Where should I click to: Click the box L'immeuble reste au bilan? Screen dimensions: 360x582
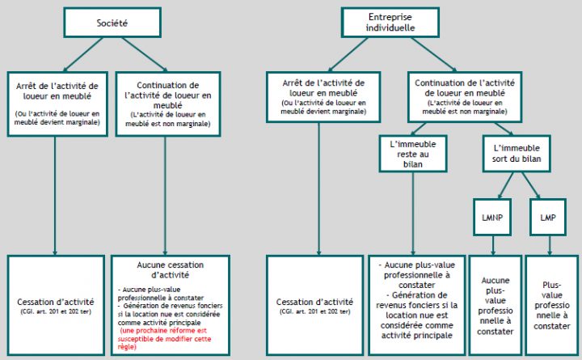point(412,153)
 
